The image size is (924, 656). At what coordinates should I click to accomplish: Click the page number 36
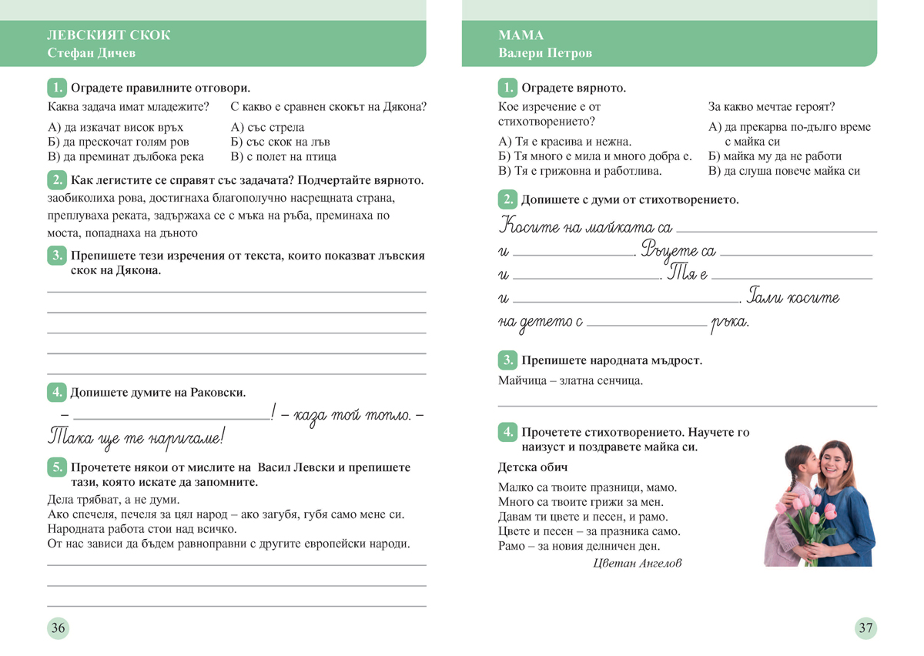(x=58, y=628)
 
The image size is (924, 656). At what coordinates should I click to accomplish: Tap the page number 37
(x=865, y=628)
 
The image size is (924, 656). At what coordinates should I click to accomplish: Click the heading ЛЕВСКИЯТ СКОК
(x=109, y=35)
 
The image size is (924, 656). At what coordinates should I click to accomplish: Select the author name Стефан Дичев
(x=91, y=53)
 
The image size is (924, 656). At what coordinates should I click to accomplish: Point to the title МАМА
(x=521, y=35)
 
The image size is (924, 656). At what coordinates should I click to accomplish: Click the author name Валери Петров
(x=544, y=53)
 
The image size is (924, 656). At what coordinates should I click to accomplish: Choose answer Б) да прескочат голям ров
(x=118, y=142)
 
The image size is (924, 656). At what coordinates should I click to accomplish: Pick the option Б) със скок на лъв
(x=280, y=142)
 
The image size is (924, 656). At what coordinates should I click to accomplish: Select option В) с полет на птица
(x=283, y=156)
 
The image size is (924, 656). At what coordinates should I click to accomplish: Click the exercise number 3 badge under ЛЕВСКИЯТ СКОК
(x=56, y=256)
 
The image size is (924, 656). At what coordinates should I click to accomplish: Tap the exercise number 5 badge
(x=56, y=467)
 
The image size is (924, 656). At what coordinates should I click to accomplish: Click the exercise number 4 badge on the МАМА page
(x=507, y=432)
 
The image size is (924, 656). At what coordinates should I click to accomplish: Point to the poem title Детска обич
(x=533, y=467)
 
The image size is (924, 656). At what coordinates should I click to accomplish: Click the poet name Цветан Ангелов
(x=638, y=563)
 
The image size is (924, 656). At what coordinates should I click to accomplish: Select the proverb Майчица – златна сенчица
(x=570, y=380)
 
